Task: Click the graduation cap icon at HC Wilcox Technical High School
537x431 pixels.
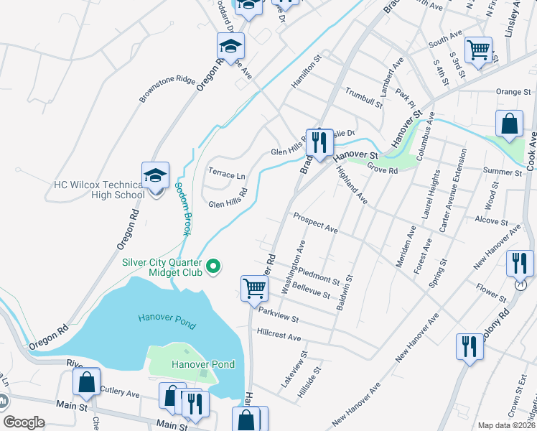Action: (x=155, y=175)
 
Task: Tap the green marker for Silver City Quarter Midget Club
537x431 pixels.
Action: (x=213, y=267)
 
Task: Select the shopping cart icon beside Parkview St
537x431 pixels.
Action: (x=254, y=289)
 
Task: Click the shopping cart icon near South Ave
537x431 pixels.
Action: (x=478, y=50)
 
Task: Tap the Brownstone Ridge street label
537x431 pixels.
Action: (x=167, y=89)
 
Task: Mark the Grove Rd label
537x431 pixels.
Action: (x=382, y=171)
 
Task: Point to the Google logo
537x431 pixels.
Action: (x=24, y=422)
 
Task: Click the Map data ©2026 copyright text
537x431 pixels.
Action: (x=505, y=425)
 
